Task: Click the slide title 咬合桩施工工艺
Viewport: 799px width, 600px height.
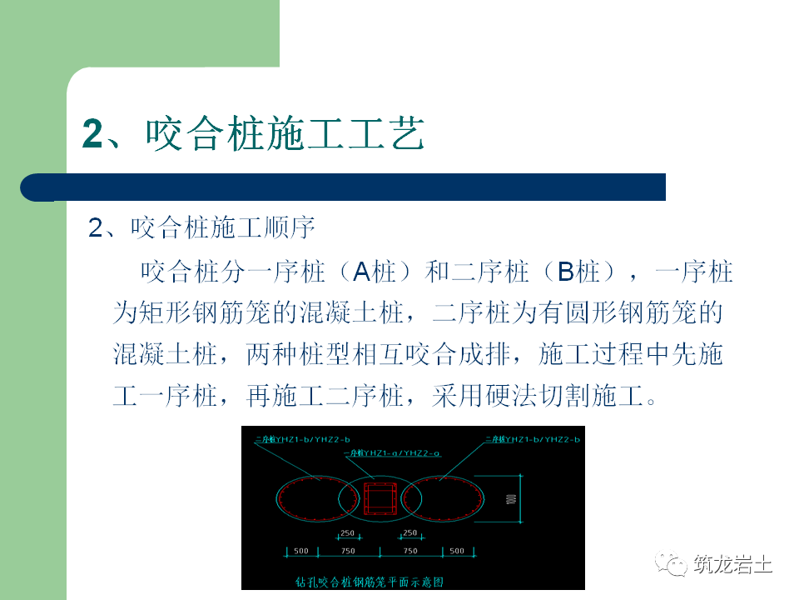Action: (x=254, y=134)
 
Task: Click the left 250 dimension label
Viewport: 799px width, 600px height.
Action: (x=348, y=533)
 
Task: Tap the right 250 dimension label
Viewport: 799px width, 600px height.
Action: (x=409, y=533)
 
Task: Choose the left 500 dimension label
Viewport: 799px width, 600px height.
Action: (x=301, y=551)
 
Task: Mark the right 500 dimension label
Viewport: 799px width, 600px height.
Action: (x=457, y=551)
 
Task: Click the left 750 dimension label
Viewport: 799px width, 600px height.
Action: (x=348, y=551)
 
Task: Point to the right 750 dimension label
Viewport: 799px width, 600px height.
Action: (x=409, y=551)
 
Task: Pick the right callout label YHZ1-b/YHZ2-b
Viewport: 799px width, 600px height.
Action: (x=533, y=438)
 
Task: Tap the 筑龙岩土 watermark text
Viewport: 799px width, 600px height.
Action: (x=732, y=564)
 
